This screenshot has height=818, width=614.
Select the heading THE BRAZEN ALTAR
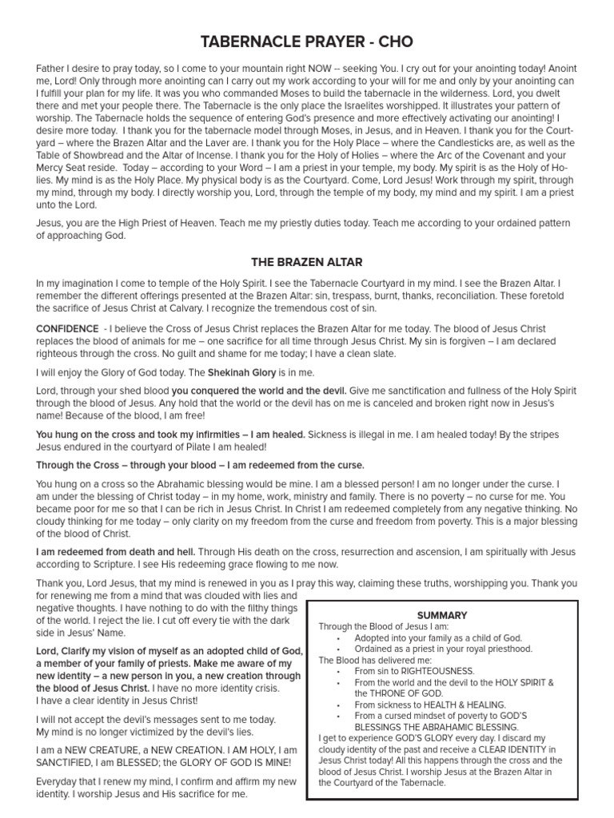(306, 261)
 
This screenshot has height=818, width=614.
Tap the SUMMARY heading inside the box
(442, 615)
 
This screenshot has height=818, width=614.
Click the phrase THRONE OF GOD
(394, 694)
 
